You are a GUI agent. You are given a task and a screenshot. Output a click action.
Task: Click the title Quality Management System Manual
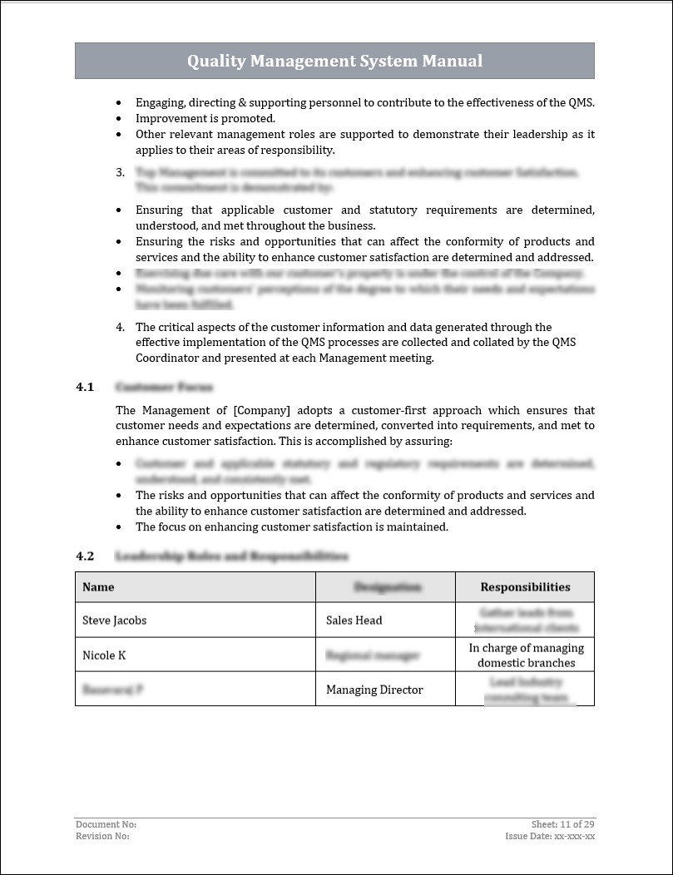[334, 61]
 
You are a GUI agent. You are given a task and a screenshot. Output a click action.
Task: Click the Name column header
[98, 587]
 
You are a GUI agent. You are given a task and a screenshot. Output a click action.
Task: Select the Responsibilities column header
[525, 587]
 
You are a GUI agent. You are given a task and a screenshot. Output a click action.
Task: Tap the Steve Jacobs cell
[115, 620]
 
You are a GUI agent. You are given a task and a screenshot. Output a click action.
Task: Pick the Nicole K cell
[104, 655]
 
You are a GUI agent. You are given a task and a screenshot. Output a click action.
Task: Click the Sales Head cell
[354, 620]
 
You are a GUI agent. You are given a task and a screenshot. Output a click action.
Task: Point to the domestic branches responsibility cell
[526, 655]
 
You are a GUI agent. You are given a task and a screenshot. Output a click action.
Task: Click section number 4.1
[85, 388]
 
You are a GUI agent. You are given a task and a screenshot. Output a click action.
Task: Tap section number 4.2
[85, 556]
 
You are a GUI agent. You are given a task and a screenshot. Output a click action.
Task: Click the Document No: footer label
[106, 824]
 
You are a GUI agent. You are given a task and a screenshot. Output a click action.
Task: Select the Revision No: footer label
[102, 836]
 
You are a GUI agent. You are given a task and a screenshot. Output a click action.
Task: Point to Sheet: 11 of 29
[562, 824]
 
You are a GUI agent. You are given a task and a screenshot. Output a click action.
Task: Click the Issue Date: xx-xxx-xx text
[549, 836]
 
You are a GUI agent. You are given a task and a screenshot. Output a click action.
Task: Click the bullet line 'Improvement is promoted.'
[205, 118]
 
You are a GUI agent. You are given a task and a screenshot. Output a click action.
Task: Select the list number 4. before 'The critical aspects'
[120, 327]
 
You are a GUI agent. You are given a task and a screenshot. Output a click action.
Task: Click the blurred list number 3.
[120, 172]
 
